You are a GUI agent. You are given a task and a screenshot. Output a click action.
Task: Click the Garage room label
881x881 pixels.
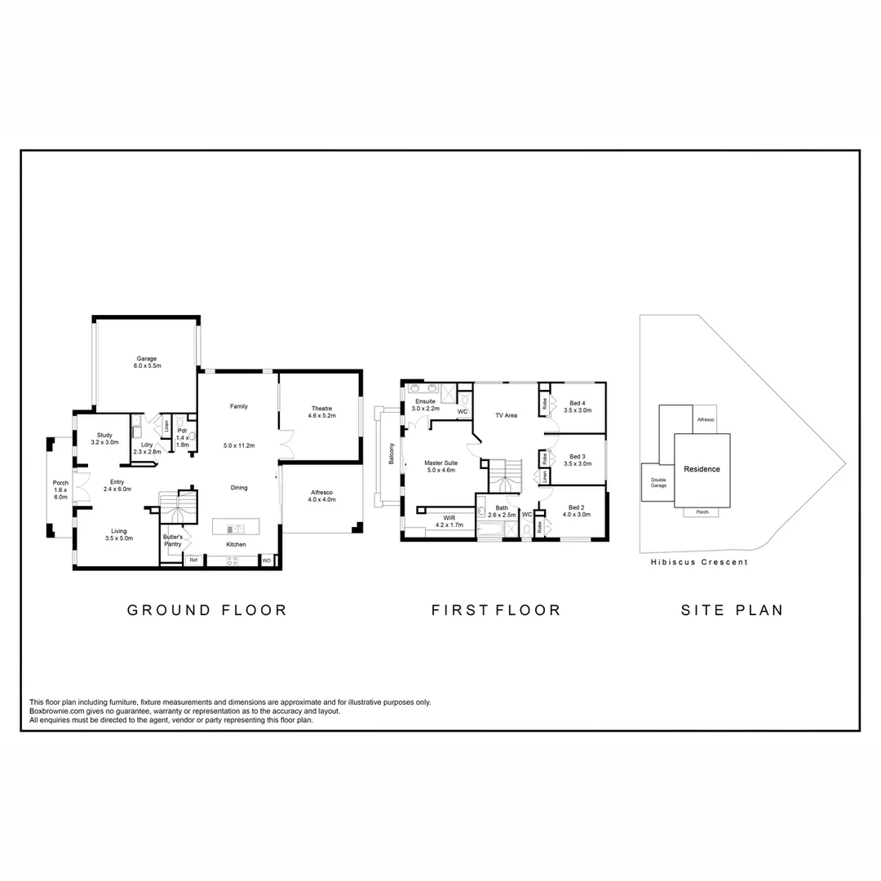pos(147,362)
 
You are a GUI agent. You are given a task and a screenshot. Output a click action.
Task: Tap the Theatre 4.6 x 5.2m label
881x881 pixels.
pos(322,412)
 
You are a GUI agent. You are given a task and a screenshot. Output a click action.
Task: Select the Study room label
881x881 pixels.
pos(104,438)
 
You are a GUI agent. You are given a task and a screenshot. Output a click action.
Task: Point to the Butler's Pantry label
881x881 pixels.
pos(173,541)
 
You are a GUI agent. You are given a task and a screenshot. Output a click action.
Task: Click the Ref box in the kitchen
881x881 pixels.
pos(193,560)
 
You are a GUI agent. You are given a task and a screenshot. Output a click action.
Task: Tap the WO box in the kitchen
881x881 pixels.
pos(266,560)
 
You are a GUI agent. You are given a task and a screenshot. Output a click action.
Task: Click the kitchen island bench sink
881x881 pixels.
pos(236,529)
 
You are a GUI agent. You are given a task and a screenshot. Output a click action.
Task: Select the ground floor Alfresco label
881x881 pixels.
pos(322,496)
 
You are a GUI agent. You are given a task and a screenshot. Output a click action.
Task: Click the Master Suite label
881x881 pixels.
pos(441,467)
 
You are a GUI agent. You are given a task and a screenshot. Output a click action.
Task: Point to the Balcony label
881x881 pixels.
pos(392,454)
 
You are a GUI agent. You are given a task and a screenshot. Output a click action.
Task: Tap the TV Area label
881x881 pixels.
pos(507,415)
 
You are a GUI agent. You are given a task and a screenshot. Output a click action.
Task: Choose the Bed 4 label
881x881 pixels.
pos(578,406)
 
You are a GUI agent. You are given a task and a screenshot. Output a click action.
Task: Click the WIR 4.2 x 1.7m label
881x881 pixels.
pos(449,521)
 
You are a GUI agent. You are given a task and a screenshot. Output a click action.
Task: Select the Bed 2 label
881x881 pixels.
pos(577,511)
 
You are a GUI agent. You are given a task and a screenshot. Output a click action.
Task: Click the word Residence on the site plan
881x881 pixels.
pos(702,469)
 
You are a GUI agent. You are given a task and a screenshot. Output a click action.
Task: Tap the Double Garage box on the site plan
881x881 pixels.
pos(658,482)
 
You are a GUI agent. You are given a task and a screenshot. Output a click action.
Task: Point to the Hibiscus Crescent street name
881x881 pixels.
pos(700,562)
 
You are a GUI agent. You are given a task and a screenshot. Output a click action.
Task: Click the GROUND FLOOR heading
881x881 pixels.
pos(207,610)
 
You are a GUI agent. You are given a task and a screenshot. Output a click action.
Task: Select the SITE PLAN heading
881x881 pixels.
pos(732,610)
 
